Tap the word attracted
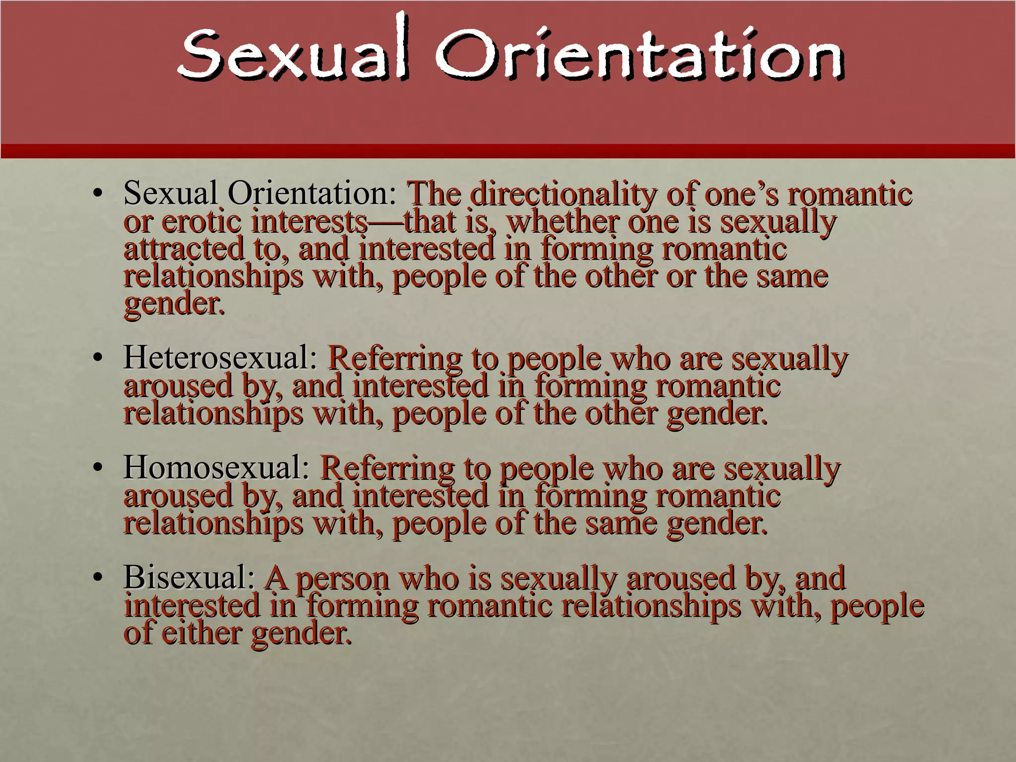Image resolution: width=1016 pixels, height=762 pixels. [x=184, y=249]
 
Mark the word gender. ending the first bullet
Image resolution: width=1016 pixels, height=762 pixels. [x=174, y=304]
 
